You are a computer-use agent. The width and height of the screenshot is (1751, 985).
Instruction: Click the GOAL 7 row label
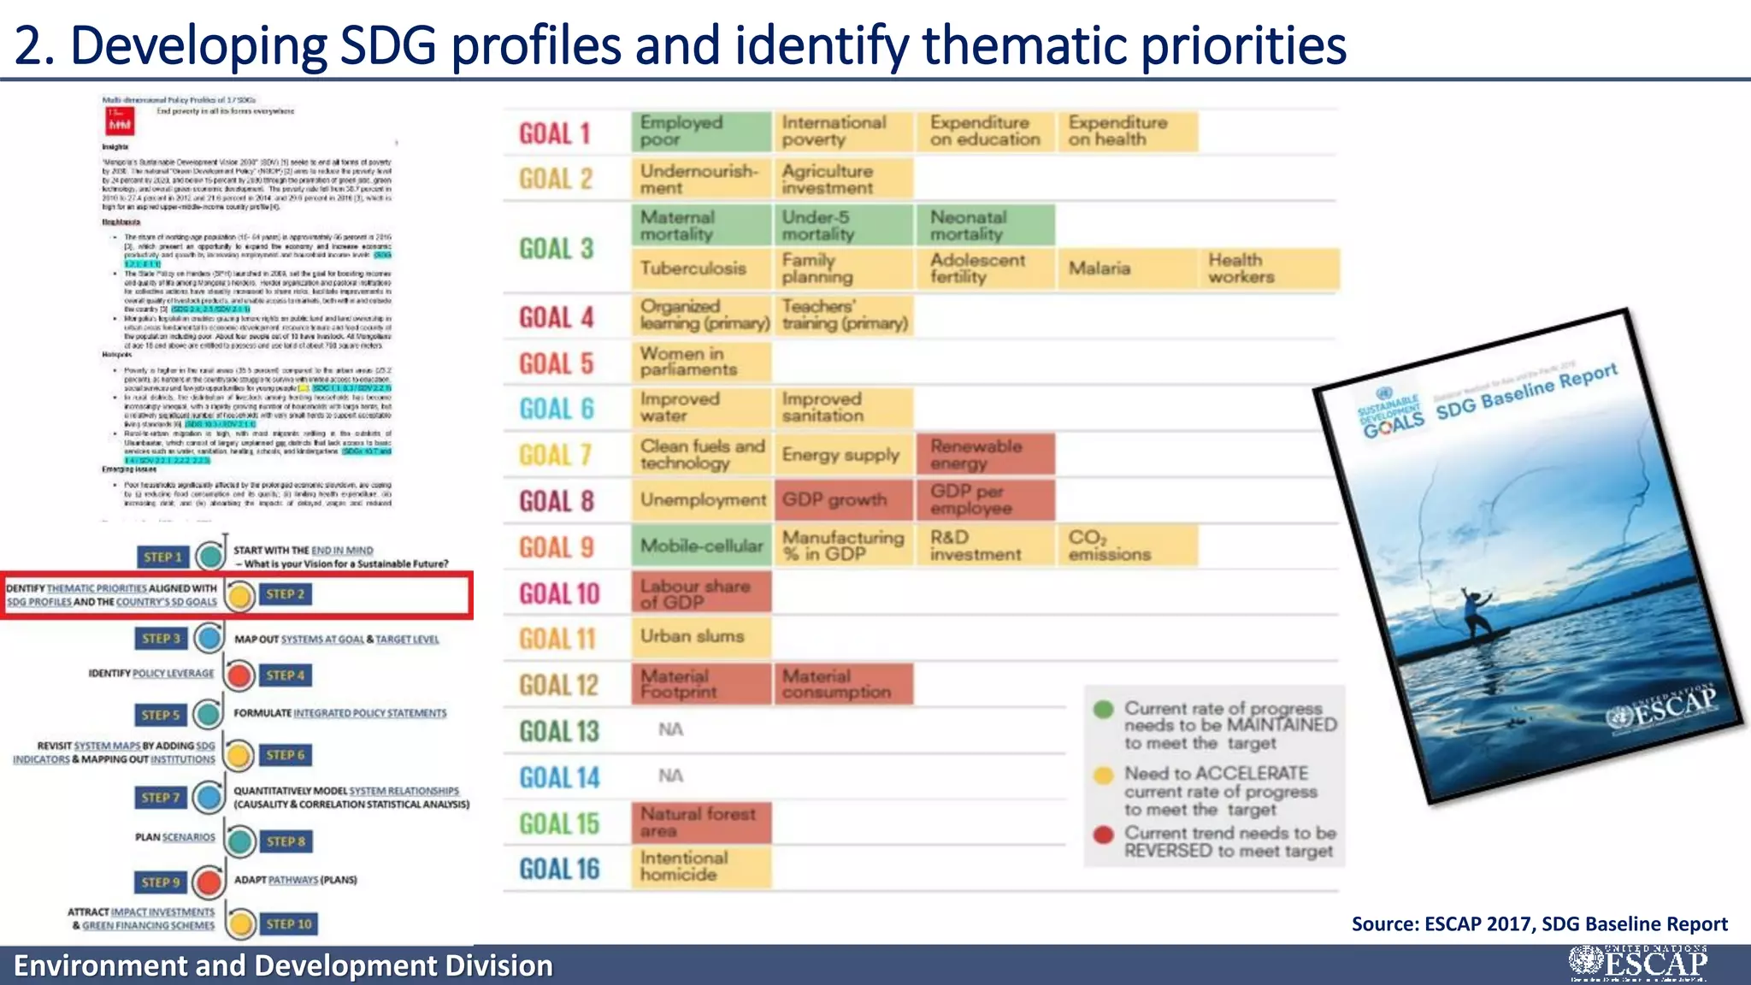[556, 455]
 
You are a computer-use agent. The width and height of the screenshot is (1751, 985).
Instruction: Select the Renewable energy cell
[985, 454]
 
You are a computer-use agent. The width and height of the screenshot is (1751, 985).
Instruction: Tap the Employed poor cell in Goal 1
[701, 131]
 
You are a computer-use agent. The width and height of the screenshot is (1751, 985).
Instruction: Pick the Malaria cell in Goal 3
[1127, 268]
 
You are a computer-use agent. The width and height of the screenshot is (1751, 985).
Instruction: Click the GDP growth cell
[843, 500]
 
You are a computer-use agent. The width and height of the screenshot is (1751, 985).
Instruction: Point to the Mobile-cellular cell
[701, 546]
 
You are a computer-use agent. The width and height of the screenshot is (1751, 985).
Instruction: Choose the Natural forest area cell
[701, 823]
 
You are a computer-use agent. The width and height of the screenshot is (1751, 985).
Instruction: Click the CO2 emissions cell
[1127, 546]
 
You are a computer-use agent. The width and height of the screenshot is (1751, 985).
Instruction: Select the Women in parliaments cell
[701, 362]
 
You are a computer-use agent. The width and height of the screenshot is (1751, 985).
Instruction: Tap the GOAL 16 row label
[560, 870]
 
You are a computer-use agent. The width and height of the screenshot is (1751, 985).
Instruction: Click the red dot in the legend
[1104, 835]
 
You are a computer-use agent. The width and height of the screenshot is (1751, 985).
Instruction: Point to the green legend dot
[1104, 709]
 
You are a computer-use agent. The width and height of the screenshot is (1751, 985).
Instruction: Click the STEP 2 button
[286, 594]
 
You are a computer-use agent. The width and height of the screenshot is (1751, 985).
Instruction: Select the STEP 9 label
[161, 882]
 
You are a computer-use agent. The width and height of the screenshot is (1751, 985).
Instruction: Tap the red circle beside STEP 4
[240, 675]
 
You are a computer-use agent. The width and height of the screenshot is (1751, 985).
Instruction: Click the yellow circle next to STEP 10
[242, 923]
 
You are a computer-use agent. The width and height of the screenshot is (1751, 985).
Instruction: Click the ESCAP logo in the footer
[1638, 964]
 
